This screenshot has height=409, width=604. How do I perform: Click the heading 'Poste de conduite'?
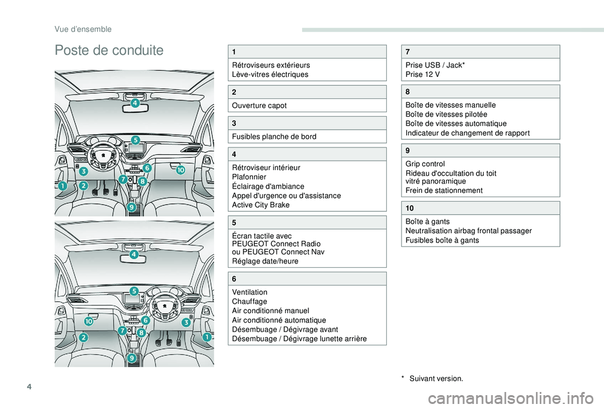[x=109, y=50]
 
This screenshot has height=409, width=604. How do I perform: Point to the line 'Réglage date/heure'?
[x=264, y=261]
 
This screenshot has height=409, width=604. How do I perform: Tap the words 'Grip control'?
[x=425, y=164]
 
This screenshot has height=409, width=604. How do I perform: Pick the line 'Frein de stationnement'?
[x=444, y=190]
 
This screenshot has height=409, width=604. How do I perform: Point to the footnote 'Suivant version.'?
[x=435, y=379]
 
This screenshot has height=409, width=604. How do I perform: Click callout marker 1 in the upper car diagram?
[x=62, y=187]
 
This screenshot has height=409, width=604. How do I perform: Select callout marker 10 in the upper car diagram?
[x=180, y=170]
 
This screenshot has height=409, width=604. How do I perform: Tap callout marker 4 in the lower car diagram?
[x=134, y=255]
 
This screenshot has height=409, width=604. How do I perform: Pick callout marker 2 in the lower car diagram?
[x=84, y=338]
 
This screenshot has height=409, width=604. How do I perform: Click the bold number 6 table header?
[x=235, y=279]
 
